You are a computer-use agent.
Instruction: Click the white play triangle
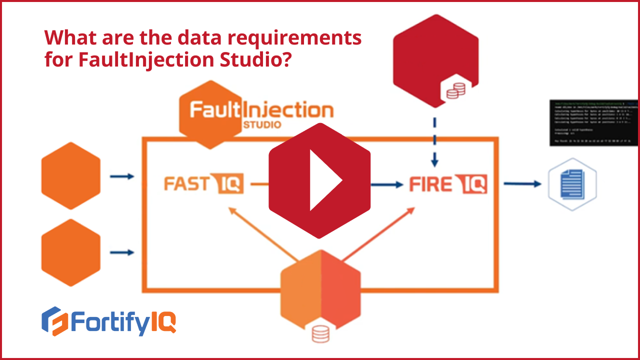(324, 180)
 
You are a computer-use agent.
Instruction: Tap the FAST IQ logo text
(203, 184)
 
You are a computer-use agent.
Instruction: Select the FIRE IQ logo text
(448, 184)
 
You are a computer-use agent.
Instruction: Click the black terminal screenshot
(593, 122)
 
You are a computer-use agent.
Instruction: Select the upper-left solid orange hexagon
(70, 175)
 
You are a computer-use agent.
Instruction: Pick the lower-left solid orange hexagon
(70, 252)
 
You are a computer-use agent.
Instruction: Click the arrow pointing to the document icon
(522, 184)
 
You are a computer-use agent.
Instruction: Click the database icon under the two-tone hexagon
(320, 333)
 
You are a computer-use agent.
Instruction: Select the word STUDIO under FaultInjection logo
(261, 124)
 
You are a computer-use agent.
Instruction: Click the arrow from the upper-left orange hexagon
(122, 176)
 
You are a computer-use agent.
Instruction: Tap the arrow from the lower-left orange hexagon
(122, 252)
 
